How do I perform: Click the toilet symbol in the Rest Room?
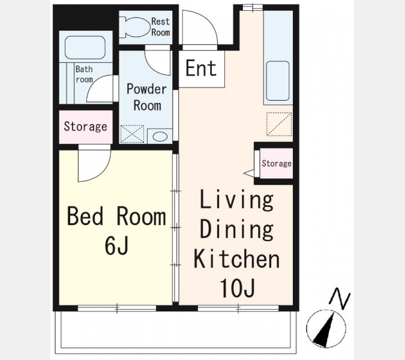[136, 27]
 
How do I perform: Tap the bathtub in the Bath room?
[85, 47]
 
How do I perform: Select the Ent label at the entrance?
[201, 68]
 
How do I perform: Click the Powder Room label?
[147, 97]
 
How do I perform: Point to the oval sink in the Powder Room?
[160, 136]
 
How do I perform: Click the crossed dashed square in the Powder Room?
[132, 134]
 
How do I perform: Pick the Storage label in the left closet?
[85, 127]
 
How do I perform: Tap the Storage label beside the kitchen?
[277, 163]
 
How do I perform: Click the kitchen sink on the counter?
[278, 81]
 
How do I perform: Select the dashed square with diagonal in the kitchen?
[279, 124]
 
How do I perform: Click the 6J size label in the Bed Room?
[116, 245]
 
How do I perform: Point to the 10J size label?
[238, 288]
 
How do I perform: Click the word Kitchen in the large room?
[237, 259]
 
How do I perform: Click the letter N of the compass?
[340, 298]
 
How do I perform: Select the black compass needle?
[325, 330]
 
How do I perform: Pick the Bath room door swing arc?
[96, 85]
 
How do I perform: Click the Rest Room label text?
[160, 27]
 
